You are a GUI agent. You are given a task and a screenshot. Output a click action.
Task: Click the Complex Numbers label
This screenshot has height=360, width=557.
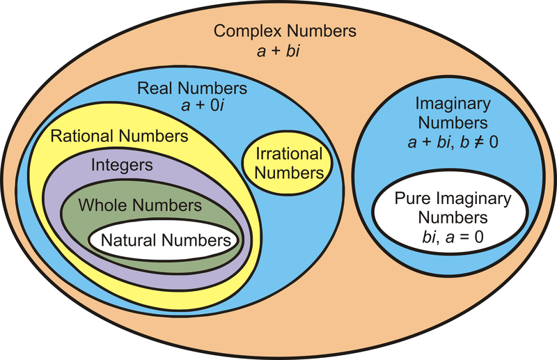(285, 31)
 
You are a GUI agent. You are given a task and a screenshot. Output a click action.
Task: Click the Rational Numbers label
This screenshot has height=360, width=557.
(119, 136)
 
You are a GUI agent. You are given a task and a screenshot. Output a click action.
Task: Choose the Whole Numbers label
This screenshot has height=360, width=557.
(140, 205)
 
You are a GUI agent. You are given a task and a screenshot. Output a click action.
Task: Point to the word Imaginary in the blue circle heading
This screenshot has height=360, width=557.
(453, 104)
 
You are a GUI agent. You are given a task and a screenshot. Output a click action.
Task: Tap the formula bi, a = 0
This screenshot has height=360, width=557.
(453, 236)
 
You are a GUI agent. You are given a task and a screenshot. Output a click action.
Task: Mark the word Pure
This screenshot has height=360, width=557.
(411, 198)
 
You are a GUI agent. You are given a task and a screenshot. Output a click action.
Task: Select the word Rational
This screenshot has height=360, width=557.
(81, 136)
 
